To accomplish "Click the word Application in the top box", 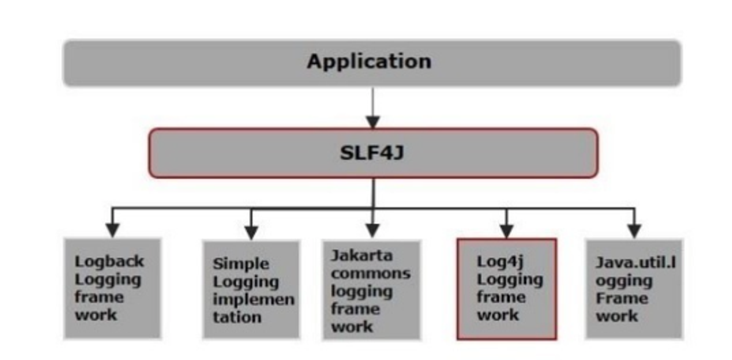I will tap(369, 61).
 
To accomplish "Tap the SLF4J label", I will tap(372, 153).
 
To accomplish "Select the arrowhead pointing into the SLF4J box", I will tap(373, 122).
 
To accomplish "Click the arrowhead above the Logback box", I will tap(112, 230).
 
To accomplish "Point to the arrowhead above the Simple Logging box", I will tap(251, 231).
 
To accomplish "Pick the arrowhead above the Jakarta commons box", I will tap(372, 230).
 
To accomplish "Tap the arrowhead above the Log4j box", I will tap(506, 230).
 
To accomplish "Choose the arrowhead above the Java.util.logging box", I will tap(634, 230).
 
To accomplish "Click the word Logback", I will tap(109, 261).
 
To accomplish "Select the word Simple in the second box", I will tap(241, 264).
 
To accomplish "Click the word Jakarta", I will tap(361, 256).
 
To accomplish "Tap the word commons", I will tap(371, 274).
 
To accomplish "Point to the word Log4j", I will tap(500, 261).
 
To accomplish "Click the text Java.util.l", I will tap(636, 263).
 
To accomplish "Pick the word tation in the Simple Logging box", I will tap(237, 317).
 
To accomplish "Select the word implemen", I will tap(253, 300).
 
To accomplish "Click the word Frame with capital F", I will tap(622, 298).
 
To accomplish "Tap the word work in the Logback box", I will tap(96, 315).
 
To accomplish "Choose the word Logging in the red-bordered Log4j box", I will tap(510, 280).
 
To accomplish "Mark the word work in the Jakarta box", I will tap(352, 327).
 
